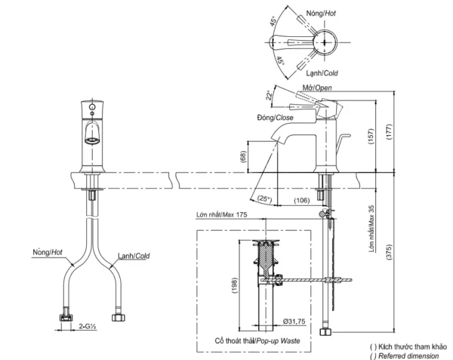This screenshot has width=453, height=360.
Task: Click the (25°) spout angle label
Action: pyautogui.click(x=264, y=198)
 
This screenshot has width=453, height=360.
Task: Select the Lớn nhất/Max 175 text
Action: pyautogui.click(x=220, y=215)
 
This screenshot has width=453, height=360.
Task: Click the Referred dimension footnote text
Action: pyautogui.click(x=405, y=355)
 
